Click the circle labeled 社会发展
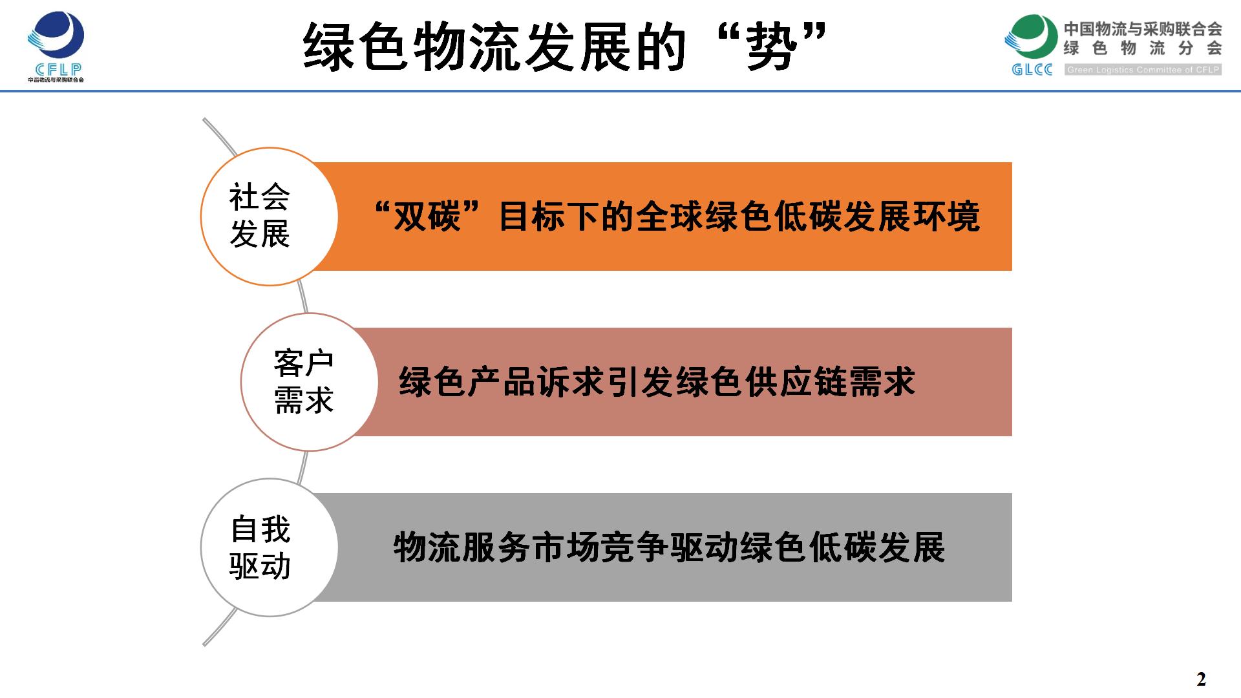(270, 217)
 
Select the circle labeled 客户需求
(310, 382)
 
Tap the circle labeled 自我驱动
(270, 547)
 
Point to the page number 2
(1201, 680)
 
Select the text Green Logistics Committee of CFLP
(1143, 70)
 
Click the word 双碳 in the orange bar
(427, 217)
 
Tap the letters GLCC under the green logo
(1032, 69)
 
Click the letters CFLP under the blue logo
(56, 70)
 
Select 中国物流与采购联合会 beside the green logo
(1143, 28)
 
